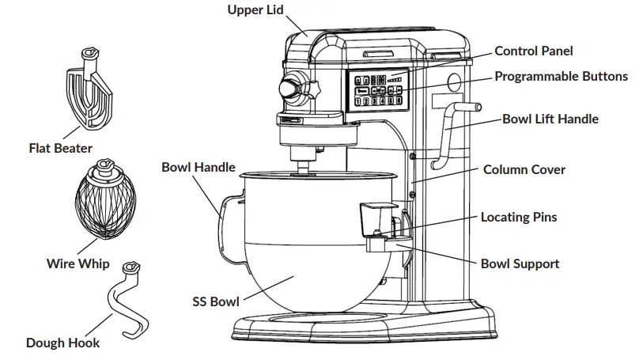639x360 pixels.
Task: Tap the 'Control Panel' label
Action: tap(533, 51)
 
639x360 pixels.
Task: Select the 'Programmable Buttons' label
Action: tap(561, 77)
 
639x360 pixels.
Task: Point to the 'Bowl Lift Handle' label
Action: tap(550, 119)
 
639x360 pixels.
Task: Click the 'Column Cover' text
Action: tap(524, 170)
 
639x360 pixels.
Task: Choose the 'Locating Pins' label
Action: tap(519, 217)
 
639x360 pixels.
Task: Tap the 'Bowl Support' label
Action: tap(520, 263)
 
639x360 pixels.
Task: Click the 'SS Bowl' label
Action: tap(215, 301)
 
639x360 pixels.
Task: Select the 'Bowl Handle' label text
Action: tap(198, 167)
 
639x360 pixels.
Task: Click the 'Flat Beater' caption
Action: tap(60, 148)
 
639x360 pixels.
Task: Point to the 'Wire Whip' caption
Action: tap(78, 264)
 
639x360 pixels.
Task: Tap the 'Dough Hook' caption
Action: tap(62, 343)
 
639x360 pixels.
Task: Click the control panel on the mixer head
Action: tap(376, 89)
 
